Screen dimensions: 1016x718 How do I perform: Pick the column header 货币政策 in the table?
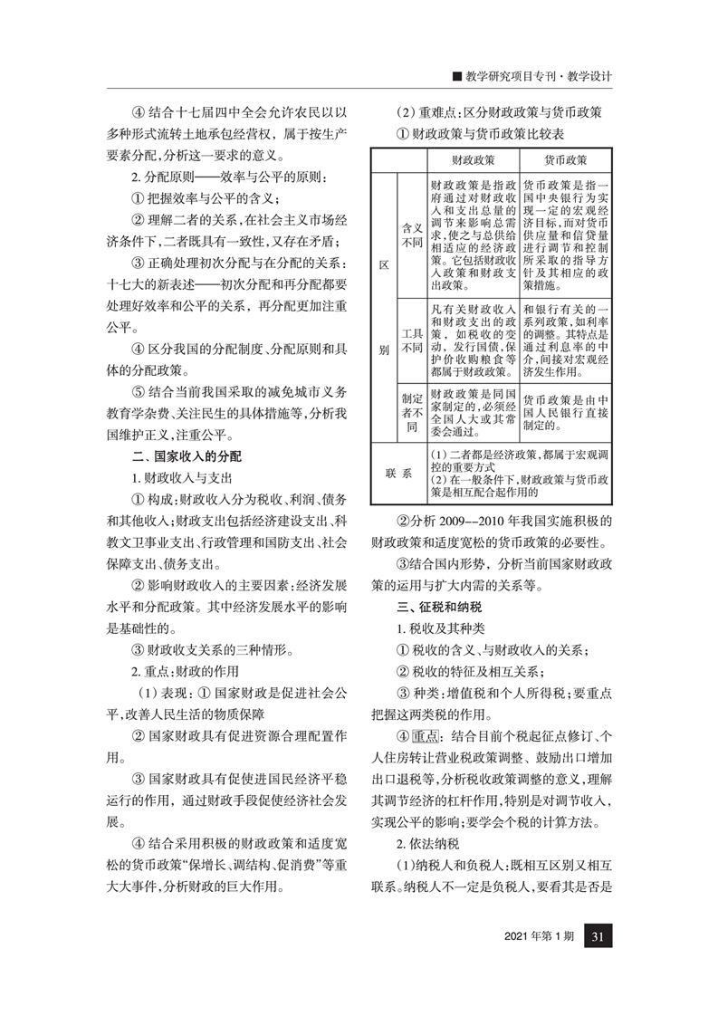[566, 160]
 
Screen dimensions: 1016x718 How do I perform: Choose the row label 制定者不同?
[411, 410]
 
